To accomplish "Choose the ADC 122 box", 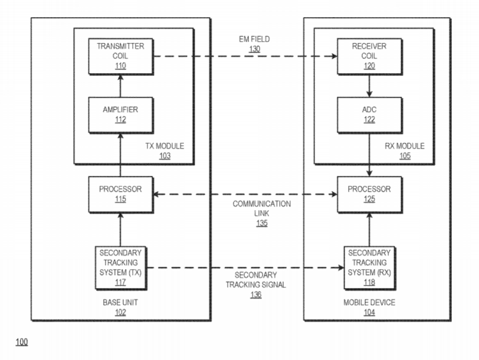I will pos(369,113).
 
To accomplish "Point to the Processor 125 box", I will pos(369,195).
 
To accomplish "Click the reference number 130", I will pos(254,50).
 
